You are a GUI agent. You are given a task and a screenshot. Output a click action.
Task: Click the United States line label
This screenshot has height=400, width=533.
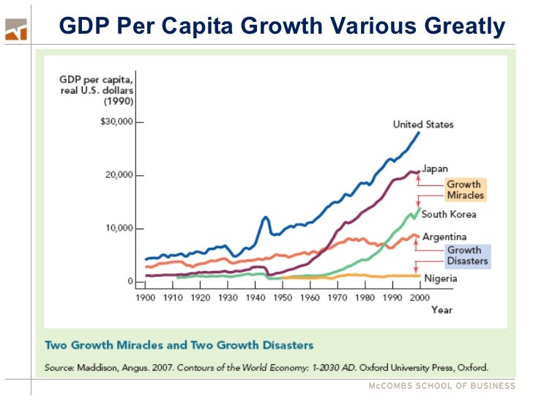click(x=423, y=125)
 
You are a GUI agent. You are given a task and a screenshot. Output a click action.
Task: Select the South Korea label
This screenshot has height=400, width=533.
click(x=449, y=214)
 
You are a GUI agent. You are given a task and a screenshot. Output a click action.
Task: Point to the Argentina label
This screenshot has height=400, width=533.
click(x=444, y=237)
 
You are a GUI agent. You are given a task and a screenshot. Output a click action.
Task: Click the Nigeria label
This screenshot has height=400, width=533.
click(x=440, y=278)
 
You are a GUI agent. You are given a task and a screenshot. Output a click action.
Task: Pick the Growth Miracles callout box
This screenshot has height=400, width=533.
click(x=464, y=190)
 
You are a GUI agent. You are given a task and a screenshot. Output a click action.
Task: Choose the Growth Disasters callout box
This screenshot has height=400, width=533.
click(x=467, y=255)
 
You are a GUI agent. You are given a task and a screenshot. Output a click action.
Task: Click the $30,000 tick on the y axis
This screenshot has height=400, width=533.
click(x=116, y=122)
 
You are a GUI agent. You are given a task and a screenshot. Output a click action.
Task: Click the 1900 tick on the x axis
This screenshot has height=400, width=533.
click(x=146, y=298)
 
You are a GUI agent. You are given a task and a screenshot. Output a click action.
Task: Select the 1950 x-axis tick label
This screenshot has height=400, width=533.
click(x=283, y=298)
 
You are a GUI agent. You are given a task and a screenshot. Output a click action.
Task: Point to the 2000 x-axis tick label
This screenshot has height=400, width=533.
click(x=419, y=298)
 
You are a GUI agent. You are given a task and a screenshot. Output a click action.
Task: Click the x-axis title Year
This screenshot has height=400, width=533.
click(x=441, y=310)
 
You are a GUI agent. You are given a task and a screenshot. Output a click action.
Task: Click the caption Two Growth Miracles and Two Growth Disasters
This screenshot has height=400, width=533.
click(x=179, y=345)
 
